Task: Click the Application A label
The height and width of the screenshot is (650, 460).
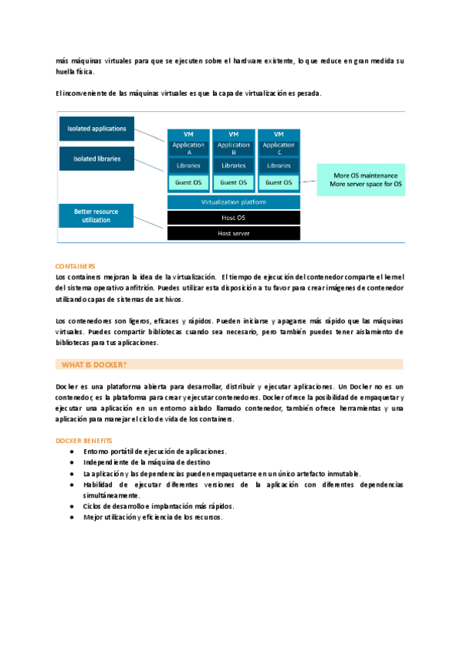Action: (x=189, y=148)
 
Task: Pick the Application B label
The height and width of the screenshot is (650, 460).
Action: (x=234, y=148)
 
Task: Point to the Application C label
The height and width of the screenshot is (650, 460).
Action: (x=278, y=148)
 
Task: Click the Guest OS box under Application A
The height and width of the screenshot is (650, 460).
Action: (x=189, y=182)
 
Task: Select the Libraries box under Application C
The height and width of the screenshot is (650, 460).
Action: (x=278, y=166)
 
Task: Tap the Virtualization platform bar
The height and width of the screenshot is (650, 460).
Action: (x=234, y=202)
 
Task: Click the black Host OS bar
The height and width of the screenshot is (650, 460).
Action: (x=234, y=218)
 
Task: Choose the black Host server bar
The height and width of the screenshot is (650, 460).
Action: (x=234, y=233)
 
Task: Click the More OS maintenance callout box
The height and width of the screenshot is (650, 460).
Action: (x=363, y=180)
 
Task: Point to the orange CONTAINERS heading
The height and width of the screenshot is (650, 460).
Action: (x=75, y=266)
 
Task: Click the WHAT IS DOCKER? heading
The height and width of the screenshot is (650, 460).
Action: (x=95, y=364)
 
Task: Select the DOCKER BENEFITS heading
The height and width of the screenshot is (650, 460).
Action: (x=84, y=441)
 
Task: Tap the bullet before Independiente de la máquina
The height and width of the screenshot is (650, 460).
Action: (x=71, y=463)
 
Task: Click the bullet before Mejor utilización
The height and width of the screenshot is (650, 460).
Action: (x=71, y=517)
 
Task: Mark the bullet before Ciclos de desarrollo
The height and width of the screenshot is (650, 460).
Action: (x=71, y=507)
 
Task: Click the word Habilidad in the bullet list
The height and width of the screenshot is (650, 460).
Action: (x=99, y=485)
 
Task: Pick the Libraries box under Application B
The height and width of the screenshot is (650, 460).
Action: (x=234, y=166)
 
